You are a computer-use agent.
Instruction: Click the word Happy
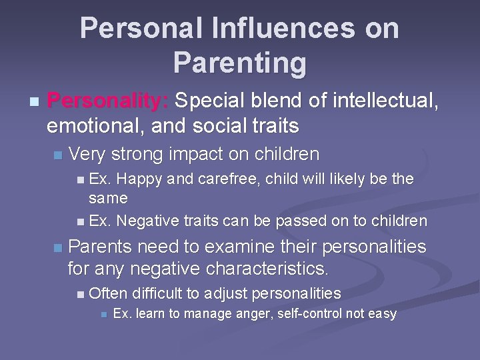tap(145, 180)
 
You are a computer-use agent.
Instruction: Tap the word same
tap(108, 198)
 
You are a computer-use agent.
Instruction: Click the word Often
tap(108, 293)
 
